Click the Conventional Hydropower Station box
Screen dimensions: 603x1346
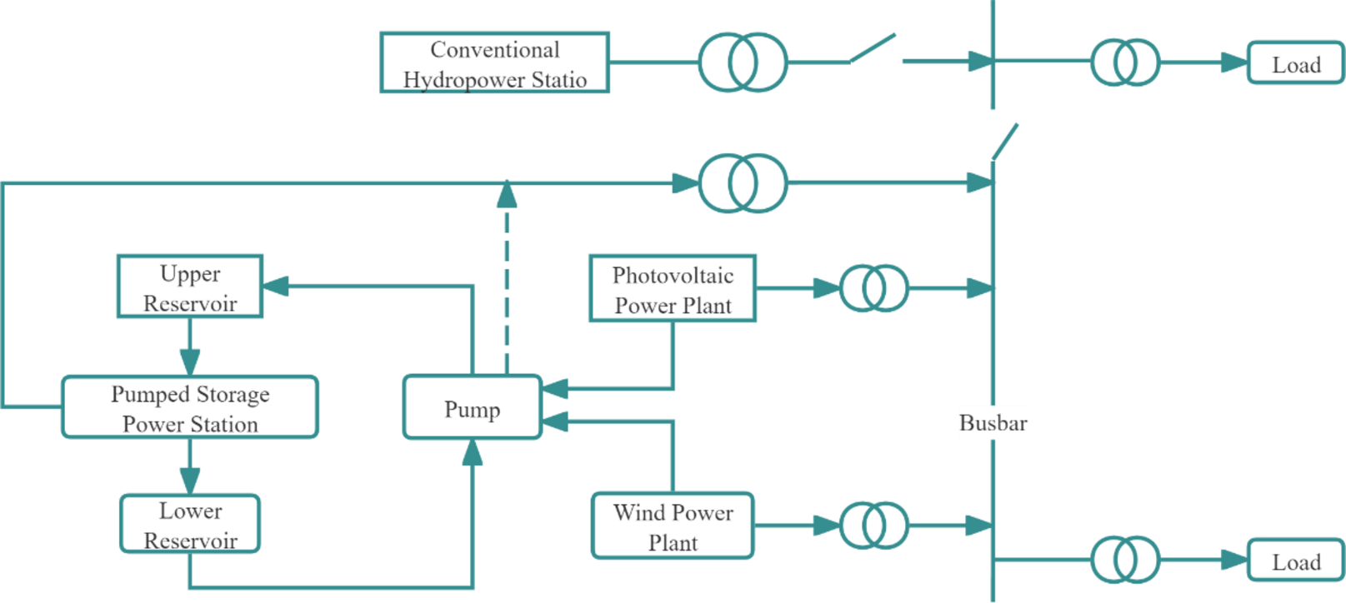[x=494, y=62]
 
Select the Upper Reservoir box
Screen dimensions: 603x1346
[x=190, y=287]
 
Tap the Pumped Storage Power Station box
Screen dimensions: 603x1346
[x=190, y=407]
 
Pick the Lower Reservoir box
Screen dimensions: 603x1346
[x=190, y=525]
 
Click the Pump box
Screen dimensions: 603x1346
[x=472, y=408]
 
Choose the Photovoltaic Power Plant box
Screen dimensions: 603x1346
[x=673, y=289]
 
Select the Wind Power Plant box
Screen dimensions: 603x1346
[x=673, y=526]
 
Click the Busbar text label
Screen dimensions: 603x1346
[x=993, y=423]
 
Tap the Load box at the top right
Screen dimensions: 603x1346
[x=1295, y=63]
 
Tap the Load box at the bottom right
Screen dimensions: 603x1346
[x=1295, y=561]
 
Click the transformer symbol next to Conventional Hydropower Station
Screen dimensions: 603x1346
[x=742, y=62]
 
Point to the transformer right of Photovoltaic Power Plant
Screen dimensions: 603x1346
[x=873, y=288]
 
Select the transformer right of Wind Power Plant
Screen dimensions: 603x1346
[x=873, y=526]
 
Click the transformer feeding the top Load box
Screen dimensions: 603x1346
[x=1125, y=62]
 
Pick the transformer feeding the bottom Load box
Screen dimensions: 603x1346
[x=1125, y=560]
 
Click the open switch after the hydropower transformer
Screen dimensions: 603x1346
[x=873, y=48]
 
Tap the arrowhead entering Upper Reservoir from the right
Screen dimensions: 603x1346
[x=276, y=287]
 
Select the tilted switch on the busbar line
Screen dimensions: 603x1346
[x=1004, y=142]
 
